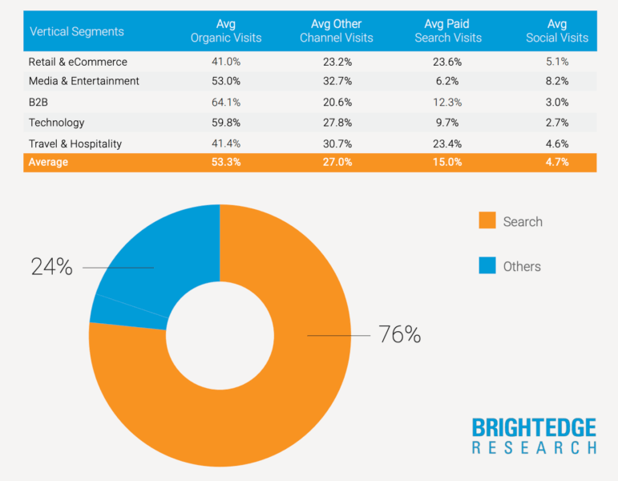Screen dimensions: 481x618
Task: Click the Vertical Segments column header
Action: tap(77, 32)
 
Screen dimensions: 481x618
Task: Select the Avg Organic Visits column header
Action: tap(226, 31)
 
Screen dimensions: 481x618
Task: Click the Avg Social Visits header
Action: tap(557, 31)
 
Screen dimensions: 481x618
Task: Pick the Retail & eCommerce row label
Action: tap(78, 62)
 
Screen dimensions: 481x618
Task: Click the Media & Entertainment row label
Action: tap(84, 81)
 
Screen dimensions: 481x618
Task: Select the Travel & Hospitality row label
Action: tap(75, 143)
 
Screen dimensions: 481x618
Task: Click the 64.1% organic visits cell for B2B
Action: tap(226, 102)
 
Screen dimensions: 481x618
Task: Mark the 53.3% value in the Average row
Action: tap(226, 162)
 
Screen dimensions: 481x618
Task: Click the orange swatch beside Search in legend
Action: tap(487, 221)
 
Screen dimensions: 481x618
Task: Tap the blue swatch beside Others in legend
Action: tap(487, 266)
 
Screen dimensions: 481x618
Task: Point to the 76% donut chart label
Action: tap(400, 335)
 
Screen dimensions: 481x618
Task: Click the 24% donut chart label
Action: tap(51, 267)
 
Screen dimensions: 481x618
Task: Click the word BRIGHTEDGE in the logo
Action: tap(534, 427)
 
